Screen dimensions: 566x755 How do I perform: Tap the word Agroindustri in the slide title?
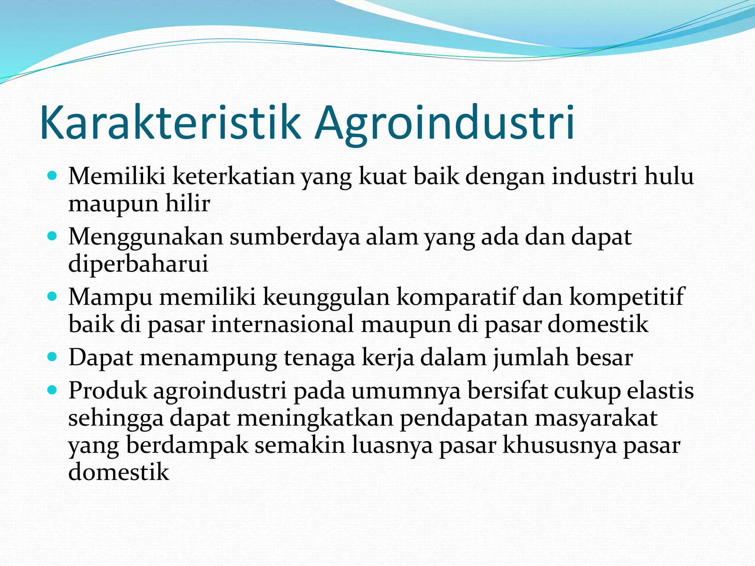(x=444, y=124)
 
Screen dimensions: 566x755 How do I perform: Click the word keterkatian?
(x=233, y=176)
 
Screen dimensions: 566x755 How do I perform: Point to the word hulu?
(x=669, y=176)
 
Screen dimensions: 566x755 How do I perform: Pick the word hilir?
(x=187, y=203)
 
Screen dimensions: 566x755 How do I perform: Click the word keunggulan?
(x=326, y=297)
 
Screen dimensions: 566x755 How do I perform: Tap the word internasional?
(x=282, y=324)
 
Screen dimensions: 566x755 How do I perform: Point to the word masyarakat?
(x=596, y=418)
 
